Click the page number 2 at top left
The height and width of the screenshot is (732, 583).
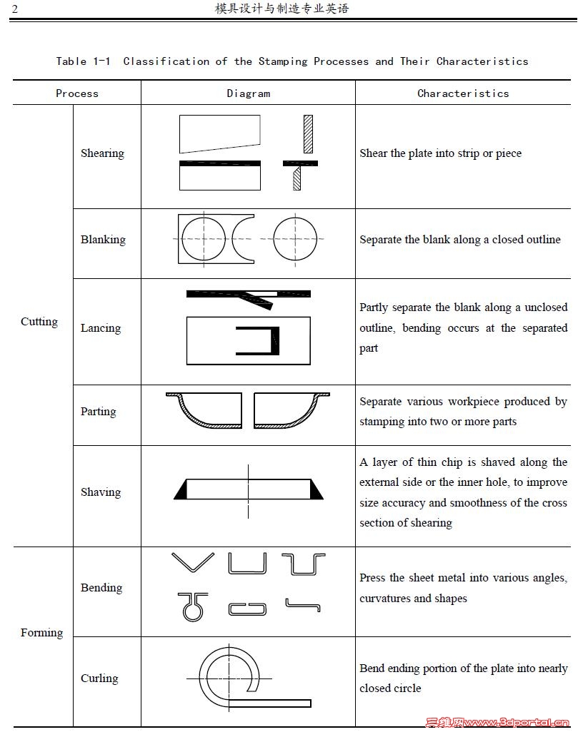coord(15,9)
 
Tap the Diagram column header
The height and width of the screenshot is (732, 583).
coord(249,93)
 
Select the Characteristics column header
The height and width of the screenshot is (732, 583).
coord(463,93)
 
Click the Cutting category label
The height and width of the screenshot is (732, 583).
coord(39,322)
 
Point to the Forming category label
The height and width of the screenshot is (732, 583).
coord(41,633)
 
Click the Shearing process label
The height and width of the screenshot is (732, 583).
coord(102,153)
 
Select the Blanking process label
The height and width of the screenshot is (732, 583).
coord(103,240)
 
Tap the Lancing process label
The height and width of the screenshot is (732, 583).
coord(101,328)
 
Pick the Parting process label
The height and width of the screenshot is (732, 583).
coord(99,412)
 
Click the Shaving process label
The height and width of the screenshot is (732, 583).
coord(101,492)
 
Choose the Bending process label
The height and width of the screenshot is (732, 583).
coord(101,588)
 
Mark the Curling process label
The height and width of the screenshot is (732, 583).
coord(99,678)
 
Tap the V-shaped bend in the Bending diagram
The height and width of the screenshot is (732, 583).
coord(192,562)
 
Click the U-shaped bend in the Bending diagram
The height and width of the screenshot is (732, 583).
coord(247,564)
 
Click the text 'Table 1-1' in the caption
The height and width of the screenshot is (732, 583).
coord(83,61)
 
